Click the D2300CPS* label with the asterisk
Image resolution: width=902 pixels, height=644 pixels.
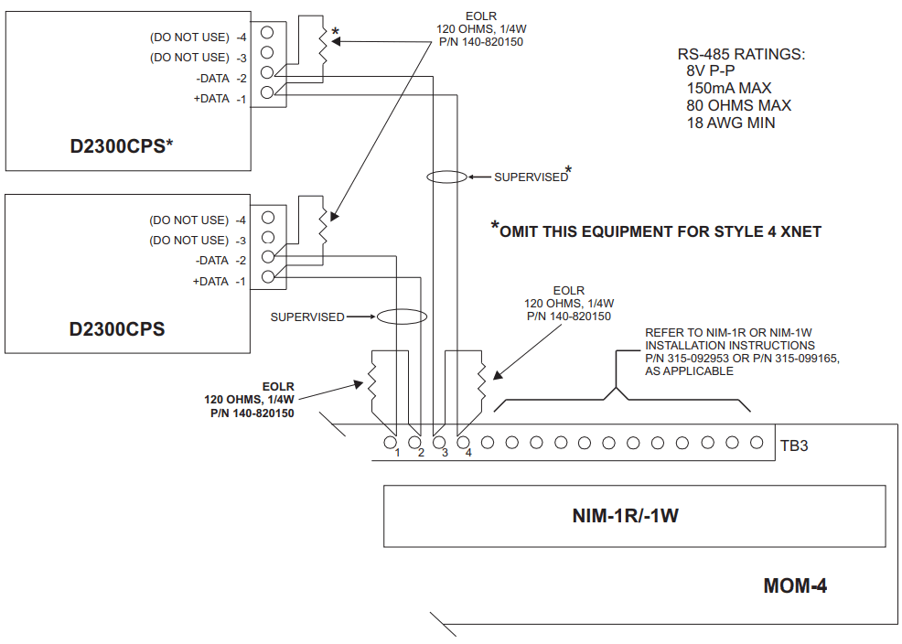point(121,145)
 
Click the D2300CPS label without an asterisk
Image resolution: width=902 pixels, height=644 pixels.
point(117,328)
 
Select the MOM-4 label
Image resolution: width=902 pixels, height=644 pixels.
point(795,585)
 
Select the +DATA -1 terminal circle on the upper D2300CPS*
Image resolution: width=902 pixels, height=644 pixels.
point(267,92)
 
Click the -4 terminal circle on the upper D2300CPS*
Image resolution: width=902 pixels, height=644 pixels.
point(267,36)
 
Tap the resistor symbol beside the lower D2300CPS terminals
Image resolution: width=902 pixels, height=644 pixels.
point(321,225)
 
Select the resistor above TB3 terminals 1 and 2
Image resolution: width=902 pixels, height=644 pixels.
point(373,387)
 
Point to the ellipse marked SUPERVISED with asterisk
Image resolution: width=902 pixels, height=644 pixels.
point(446,177)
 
